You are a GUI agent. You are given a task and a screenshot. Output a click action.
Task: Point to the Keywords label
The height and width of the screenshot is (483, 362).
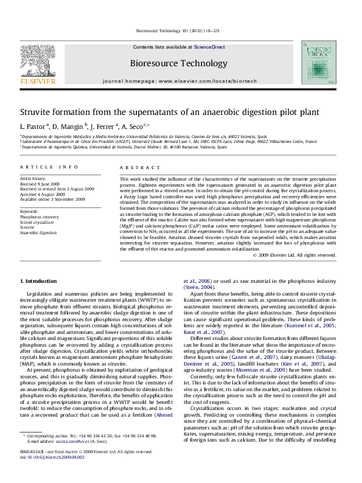tap(30, 210)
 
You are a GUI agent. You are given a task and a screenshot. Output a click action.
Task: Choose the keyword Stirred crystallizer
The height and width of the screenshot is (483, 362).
tap(37, 221)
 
